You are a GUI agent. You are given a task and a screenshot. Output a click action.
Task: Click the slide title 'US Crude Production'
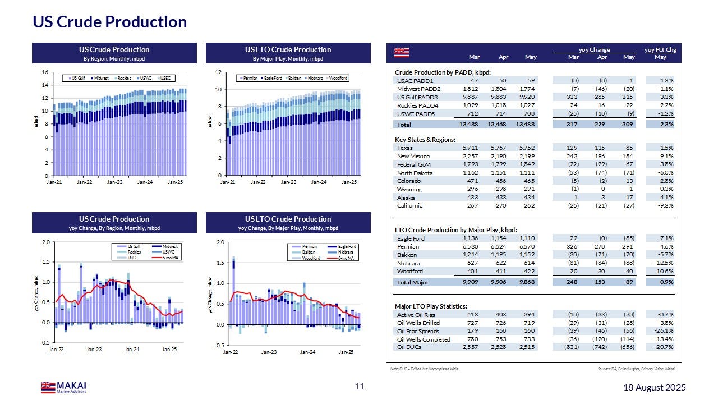click(109, 22)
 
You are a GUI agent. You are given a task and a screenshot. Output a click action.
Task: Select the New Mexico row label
click(413, 156)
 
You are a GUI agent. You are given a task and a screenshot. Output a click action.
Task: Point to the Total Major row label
click(413, 282)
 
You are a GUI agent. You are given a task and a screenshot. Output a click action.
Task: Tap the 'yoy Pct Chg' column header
click(660, 50)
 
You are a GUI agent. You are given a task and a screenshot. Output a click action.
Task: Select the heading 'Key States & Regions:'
click(425, 139)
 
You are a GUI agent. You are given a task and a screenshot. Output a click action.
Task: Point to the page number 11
click(360, 387)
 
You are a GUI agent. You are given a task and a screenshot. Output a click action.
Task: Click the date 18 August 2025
click(655, 388)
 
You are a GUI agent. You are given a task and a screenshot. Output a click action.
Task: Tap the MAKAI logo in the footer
click(63, 387)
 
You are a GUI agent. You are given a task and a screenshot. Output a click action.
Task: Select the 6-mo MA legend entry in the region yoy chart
click(168, 258)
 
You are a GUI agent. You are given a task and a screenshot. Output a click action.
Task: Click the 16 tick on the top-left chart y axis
click(44, 72)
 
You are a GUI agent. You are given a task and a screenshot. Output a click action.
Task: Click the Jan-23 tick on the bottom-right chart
click(269, 352)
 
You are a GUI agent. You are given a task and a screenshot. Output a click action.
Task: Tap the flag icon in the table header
click(401, 53)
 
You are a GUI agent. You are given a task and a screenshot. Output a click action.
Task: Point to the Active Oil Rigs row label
click(416, 315)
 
